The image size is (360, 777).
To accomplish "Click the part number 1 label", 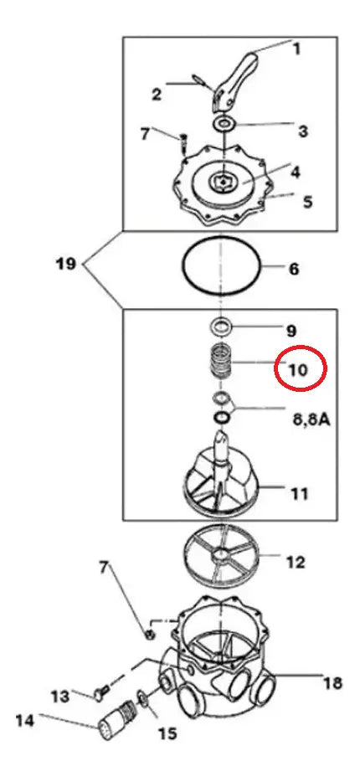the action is (297, 49).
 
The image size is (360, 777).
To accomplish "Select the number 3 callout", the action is (303, 131).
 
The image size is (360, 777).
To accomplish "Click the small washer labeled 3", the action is (226, 123).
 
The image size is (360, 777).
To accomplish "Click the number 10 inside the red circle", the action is (299, 370).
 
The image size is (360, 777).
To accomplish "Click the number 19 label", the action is (65, 264).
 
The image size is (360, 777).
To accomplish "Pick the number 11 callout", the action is (299, 493).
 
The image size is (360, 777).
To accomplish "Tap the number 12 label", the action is (296, 562).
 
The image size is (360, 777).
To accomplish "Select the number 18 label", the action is (332, 683).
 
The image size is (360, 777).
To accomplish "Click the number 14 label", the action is (25, 719).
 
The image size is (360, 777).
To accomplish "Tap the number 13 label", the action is (61, 697).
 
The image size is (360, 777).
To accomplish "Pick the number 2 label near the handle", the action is (157, 94).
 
